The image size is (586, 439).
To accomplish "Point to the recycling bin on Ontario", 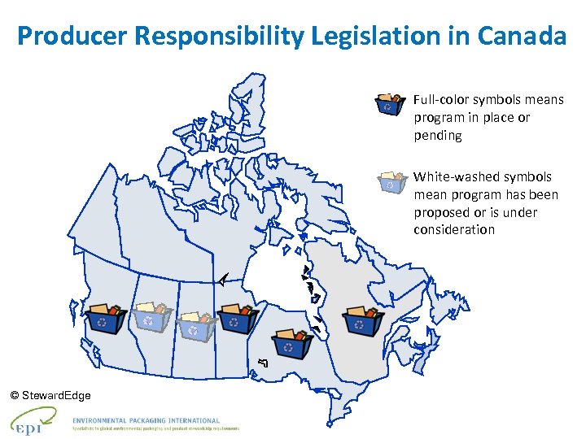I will (293, 342).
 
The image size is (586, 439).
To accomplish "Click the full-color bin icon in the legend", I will (389, 104).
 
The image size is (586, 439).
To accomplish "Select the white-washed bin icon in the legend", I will (391, 181).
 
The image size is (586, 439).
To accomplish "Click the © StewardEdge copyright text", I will (50, 395).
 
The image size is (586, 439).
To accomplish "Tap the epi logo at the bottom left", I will (31, 422).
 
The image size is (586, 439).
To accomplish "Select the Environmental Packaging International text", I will (146, 420).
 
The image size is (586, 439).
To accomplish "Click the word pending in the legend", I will (437, 136).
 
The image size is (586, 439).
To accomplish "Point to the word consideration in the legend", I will (453, 230).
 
